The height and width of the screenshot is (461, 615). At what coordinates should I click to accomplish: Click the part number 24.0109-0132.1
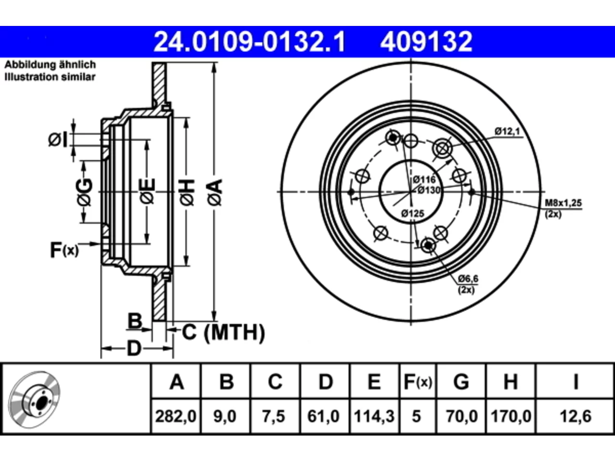(249, 42)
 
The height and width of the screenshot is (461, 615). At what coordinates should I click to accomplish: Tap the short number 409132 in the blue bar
(426, 42)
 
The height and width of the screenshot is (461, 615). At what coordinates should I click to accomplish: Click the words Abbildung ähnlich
(50, 65)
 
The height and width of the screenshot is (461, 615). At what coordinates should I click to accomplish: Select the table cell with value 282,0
(176, 416)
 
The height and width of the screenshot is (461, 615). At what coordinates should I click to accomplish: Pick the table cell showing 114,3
(374, 416)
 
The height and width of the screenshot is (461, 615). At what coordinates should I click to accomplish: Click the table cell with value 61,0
(324, 416)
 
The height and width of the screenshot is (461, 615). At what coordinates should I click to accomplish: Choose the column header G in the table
(461, 381)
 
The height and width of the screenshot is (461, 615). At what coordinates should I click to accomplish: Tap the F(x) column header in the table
(418, 381)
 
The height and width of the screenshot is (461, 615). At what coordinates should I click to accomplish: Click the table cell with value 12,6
(576, 416)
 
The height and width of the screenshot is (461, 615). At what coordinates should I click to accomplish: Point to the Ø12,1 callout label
(507, 131)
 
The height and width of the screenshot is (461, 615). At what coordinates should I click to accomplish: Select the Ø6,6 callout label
(468, 279)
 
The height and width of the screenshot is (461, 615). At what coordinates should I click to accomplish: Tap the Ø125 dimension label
(413, 214)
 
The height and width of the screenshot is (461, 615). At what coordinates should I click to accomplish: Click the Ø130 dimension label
(429, 190)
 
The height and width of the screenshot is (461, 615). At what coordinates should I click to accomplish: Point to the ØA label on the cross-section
(215, 192)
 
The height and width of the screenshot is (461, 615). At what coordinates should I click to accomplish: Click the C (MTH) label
(223, 332)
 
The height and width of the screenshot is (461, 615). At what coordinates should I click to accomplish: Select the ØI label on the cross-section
(58, 140)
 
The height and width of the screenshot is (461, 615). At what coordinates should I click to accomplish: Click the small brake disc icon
(34, 400)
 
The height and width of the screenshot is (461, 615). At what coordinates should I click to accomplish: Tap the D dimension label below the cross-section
(134, 349)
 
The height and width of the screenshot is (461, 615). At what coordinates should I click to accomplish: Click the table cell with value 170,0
(511, 416)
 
